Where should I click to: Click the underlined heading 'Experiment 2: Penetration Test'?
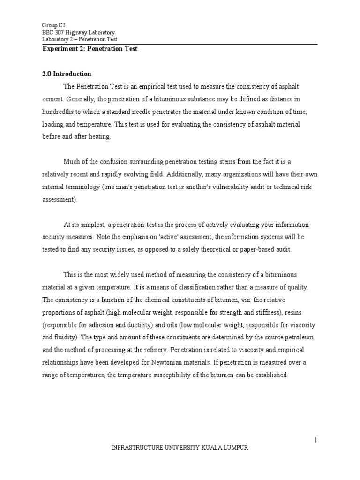(x=91, y=49)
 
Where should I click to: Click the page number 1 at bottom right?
(x=316, y=439)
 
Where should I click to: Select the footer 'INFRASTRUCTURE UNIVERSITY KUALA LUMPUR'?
(x=180, y=448)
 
